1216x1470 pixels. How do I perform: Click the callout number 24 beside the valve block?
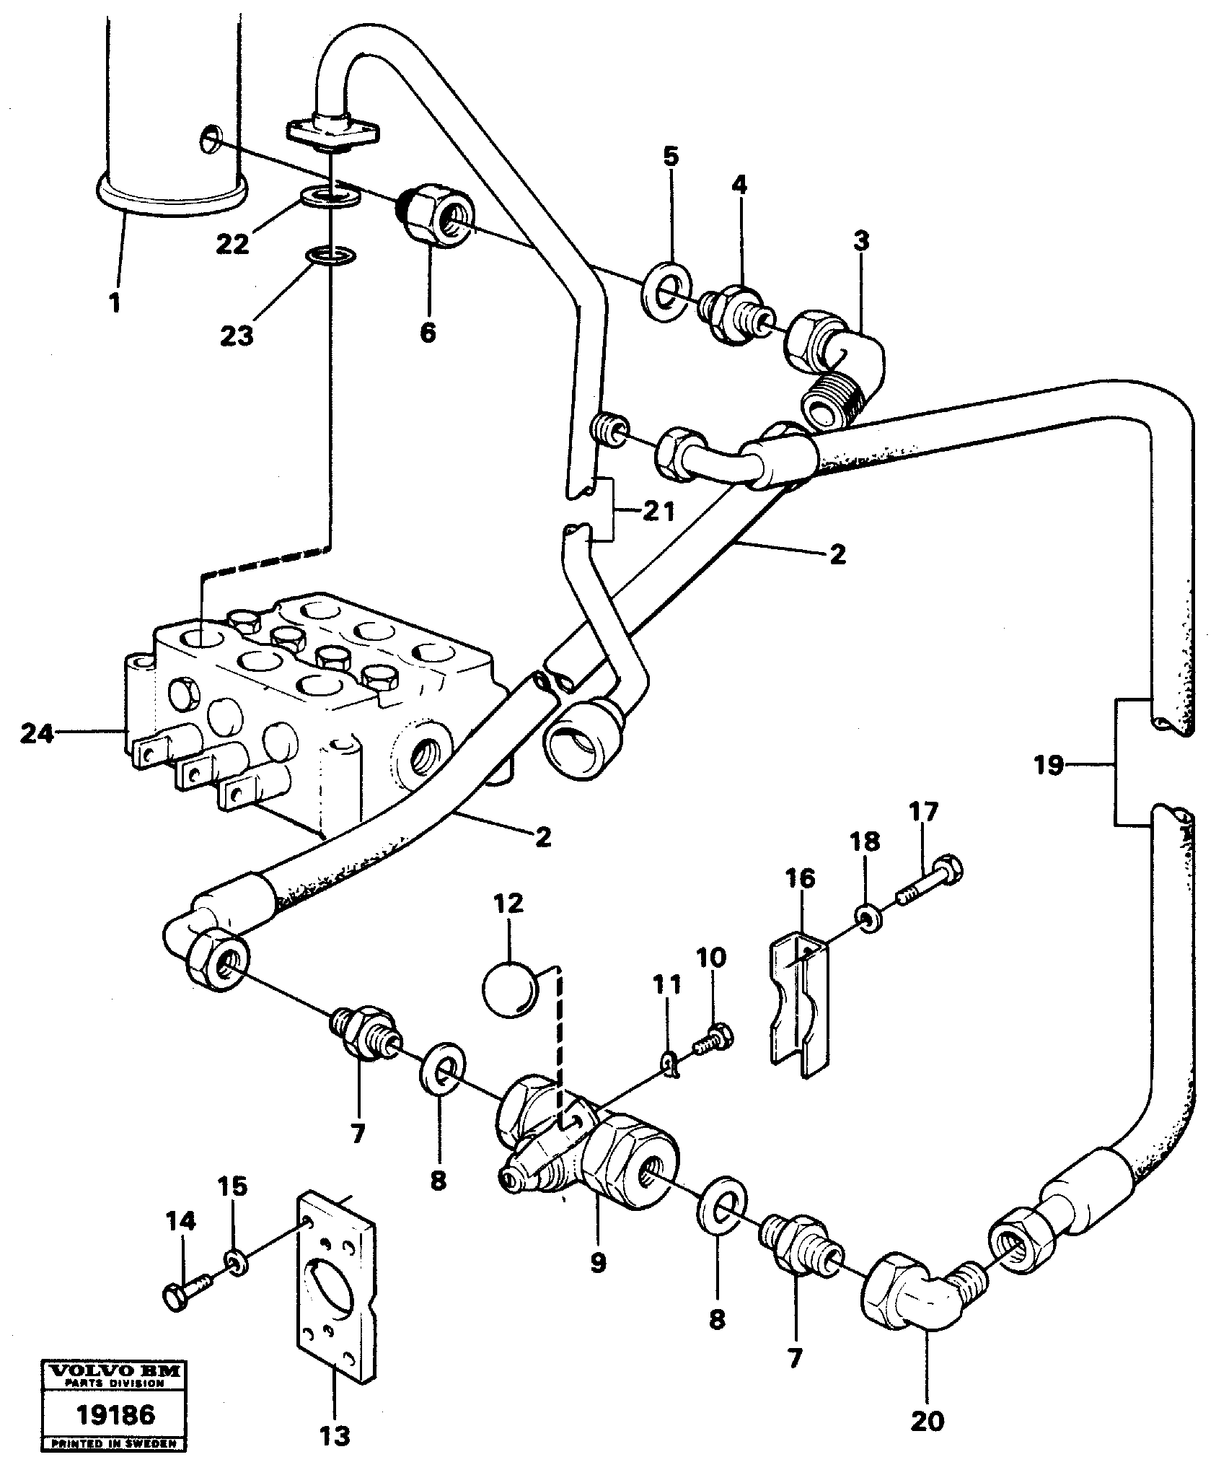[x=36, y=735]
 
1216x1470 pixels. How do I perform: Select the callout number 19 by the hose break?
[x=1049, y=765]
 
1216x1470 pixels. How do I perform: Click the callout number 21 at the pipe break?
[x=658, y=512]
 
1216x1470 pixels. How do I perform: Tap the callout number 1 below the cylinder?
[x=115, y=303]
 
